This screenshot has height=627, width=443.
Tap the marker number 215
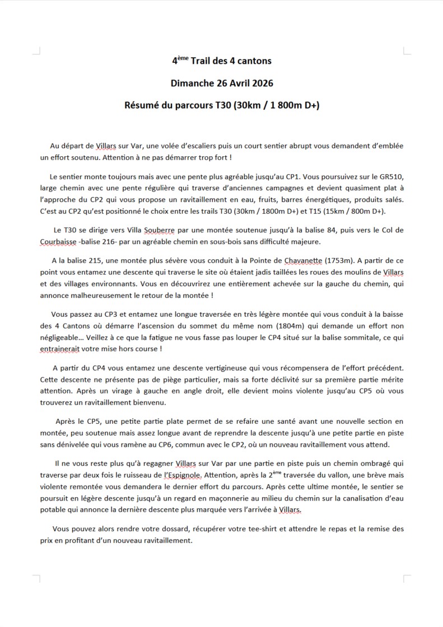(x=106, y=260)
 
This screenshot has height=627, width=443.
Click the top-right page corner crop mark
(x=406, y=51)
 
